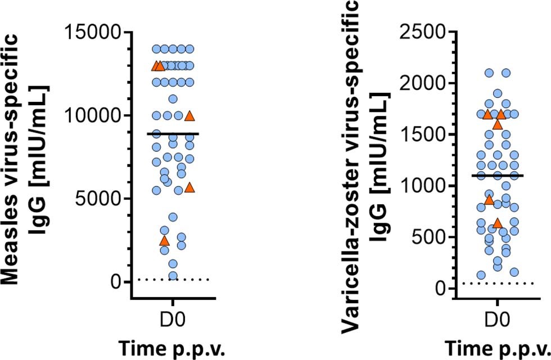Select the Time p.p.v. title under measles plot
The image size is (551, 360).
click(173, 348)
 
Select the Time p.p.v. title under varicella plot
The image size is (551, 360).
click(497, 348)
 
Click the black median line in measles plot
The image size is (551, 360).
click(173, 134)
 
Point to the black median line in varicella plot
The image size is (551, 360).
click(498, 175)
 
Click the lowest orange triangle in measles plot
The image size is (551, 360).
click(164, 241)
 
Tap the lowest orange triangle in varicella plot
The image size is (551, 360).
click(497, 223)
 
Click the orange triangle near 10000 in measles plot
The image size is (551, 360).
click(190, 116)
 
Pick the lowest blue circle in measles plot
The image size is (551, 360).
click(173, 276)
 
